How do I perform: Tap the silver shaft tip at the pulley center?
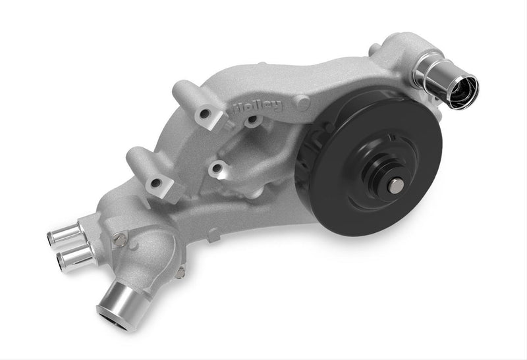click(396, 186)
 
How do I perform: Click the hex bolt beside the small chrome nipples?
click(120, 240)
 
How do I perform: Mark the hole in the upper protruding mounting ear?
click(206, 116)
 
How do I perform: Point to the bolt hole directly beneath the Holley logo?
click(252, 121)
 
